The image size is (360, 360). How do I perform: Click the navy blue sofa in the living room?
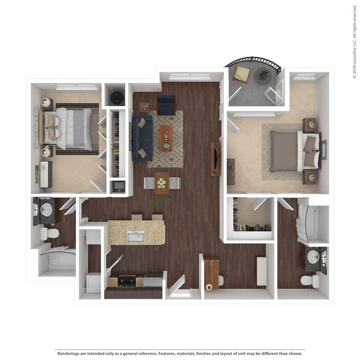pos(142,137)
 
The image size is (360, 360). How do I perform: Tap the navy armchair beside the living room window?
pos(166,105)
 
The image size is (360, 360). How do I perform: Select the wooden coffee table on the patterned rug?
pos(166,138)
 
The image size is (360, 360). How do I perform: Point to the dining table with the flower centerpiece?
pos(162,183)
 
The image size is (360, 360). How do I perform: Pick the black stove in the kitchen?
pos(127,281)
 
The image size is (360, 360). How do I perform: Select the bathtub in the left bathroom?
pos(58,261)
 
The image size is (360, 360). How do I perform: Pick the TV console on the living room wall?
pos(215,159)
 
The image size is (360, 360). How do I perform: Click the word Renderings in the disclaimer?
pos(70,353)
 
